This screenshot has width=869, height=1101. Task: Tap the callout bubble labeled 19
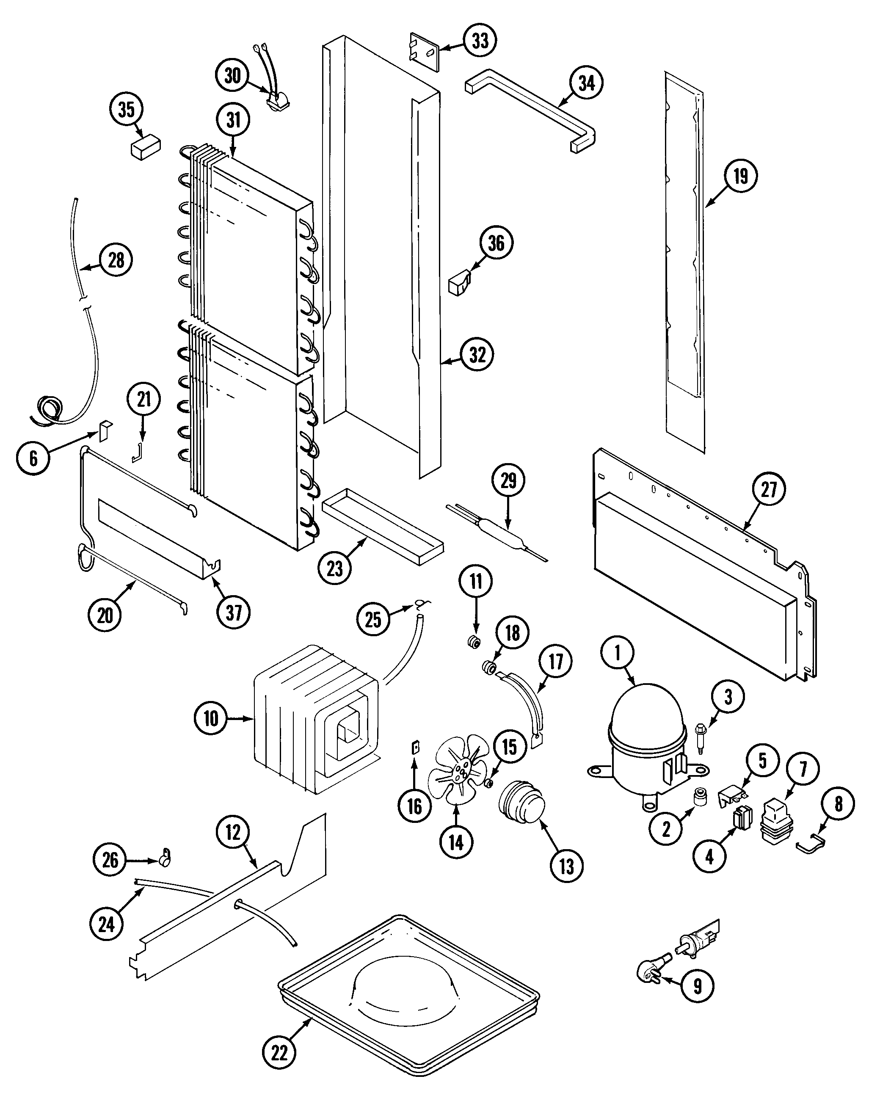(741, 177)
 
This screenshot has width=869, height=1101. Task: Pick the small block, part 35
(146, 147)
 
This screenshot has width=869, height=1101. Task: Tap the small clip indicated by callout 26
(166, 859)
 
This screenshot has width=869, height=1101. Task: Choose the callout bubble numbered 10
(211, 718)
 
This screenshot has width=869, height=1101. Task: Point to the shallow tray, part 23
(383, 527)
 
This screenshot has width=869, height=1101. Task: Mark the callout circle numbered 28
(116, 260)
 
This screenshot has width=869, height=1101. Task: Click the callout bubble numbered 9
(698, 987)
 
